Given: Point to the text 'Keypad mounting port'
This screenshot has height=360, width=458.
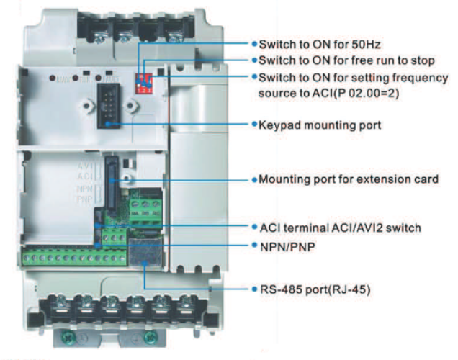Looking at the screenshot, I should pyautogui.click(x=320, y=125).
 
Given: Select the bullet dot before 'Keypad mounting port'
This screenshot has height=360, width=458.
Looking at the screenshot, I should pyautogui.click(x=254, y=125).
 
